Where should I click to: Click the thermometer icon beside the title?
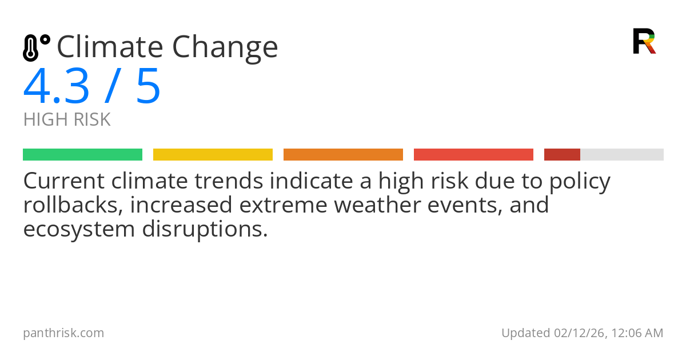click(35, 48)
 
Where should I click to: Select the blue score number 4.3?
click(57, 87)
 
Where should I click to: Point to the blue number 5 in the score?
click(147, 87)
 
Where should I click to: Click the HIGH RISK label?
click(67, 120)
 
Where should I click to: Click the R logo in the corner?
click(644, 41)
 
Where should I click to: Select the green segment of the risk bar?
click(82, 155)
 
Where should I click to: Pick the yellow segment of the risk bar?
click(213, 155)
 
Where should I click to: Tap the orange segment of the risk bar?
click(343, 155)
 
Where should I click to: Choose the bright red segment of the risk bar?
click(473, 155)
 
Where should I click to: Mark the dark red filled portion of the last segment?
click(562, 155)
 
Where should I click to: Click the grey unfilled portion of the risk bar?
click(622, 155)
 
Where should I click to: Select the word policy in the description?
click(579, 182)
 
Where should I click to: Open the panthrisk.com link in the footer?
click(63, 333)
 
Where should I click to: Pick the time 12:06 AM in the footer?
click(637, 333)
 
